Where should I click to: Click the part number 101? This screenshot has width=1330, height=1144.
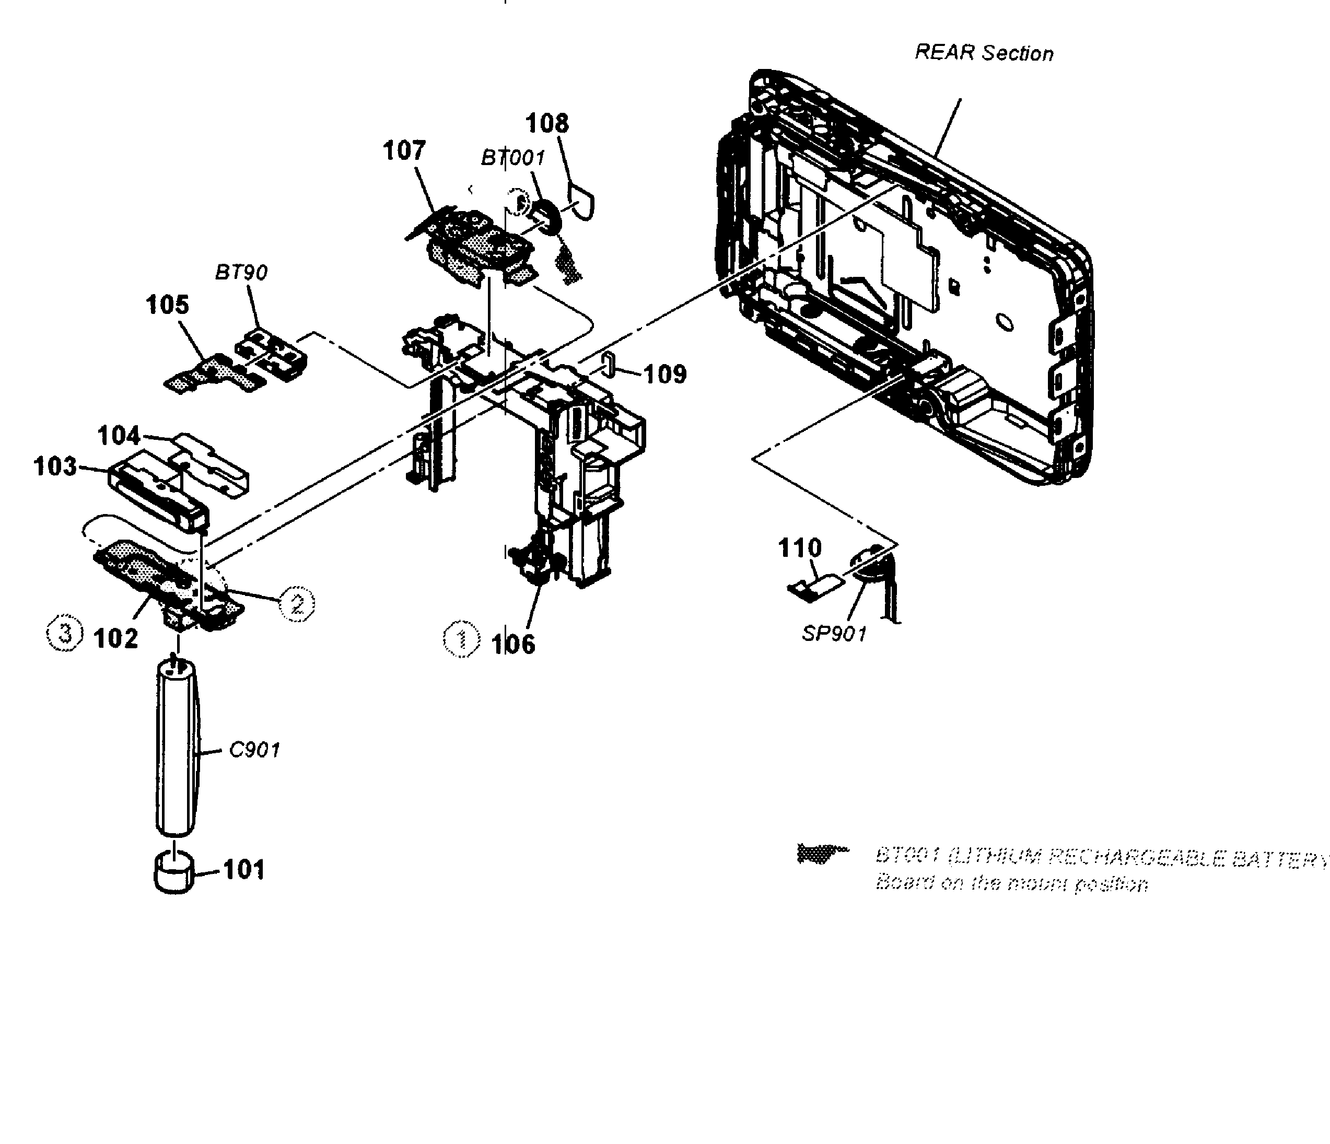pyautogui.click(x=244, y=870)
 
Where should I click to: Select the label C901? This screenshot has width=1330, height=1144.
pyautogui.click(x=255, y=749)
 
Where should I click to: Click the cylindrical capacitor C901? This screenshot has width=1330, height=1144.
pyautogui.click(x=175, y=751)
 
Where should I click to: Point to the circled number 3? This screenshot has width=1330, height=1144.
pyautogui.click(x=65, y=634)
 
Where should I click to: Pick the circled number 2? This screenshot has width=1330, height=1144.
pyautogui.click(x=297, y=603)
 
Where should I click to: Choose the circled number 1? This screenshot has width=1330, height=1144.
pyautogui.click(x=461, y=639)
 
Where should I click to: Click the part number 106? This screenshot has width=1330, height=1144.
pyautogui.click(x=513, y=644)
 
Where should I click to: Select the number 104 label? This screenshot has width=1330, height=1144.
pyautogui.click(x=119, y=436)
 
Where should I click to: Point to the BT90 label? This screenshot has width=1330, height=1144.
pyautogui.click(x=241, y=272)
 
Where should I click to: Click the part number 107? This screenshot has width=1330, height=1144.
pyautogui.click(x=404, y=151)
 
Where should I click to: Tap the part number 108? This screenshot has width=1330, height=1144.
pyautogui.click(x=547, y=123)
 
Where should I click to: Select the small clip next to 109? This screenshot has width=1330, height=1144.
pyautogui.click(x=609, y=364)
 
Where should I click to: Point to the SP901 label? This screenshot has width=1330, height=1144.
pyautogui.click(x=834, y=634)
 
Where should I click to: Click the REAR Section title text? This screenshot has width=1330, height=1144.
pyautogui.click(x=983, y=53)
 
